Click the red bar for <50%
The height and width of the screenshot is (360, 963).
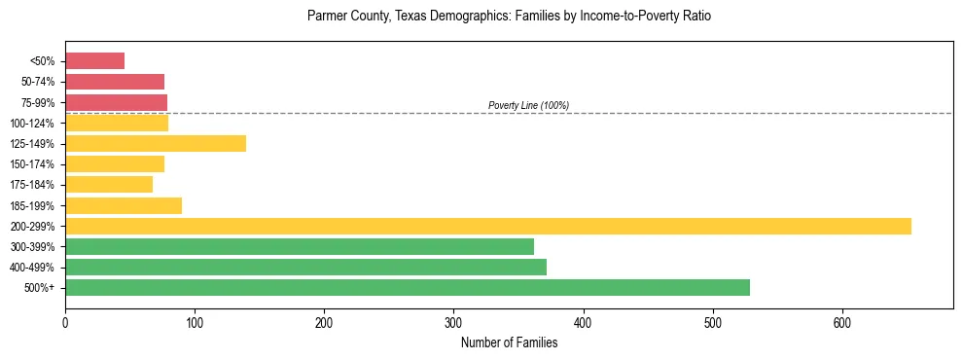click(x=94, y=61)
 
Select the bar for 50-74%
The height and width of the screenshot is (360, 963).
click(x=115, y=82)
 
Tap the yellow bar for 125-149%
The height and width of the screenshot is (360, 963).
click(x=156, y=144)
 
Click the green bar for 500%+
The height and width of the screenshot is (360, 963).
click(x=408, y=288)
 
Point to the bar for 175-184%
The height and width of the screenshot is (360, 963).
click(x=109, y=185)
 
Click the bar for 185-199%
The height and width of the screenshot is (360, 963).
click(x=124, y=205)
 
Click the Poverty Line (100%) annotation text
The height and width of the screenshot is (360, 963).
click(x=528, y=105)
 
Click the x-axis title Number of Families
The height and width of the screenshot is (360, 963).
click(x=509, y=342)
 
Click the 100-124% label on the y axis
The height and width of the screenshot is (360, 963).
click(x=33, y=124)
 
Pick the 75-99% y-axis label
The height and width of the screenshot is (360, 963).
click(x=37, y=103)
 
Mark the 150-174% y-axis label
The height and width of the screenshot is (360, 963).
click(x=33, y=164)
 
